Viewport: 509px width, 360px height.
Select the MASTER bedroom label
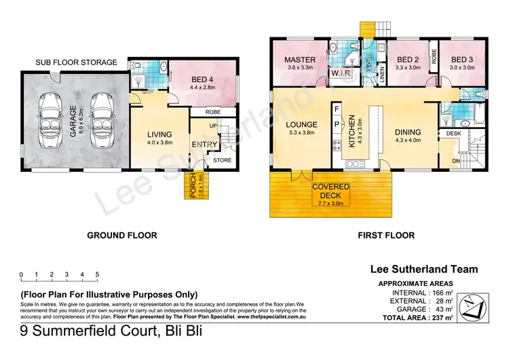299,60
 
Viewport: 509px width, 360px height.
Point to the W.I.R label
339,73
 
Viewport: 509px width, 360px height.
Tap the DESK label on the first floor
453,134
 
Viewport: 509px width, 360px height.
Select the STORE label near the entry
222,161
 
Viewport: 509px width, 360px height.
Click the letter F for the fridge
336,109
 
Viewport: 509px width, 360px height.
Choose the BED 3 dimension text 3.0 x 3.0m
460,68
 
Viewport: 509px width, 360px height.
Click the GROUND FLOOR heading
122,236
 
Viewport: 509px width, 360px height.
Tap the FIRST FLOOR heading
386,236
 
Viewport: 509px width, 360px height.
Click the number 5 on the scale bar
98,275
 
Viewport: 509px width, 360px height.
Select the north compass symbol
477,306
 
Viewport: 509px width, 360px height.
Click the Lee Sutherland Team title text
424,270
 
